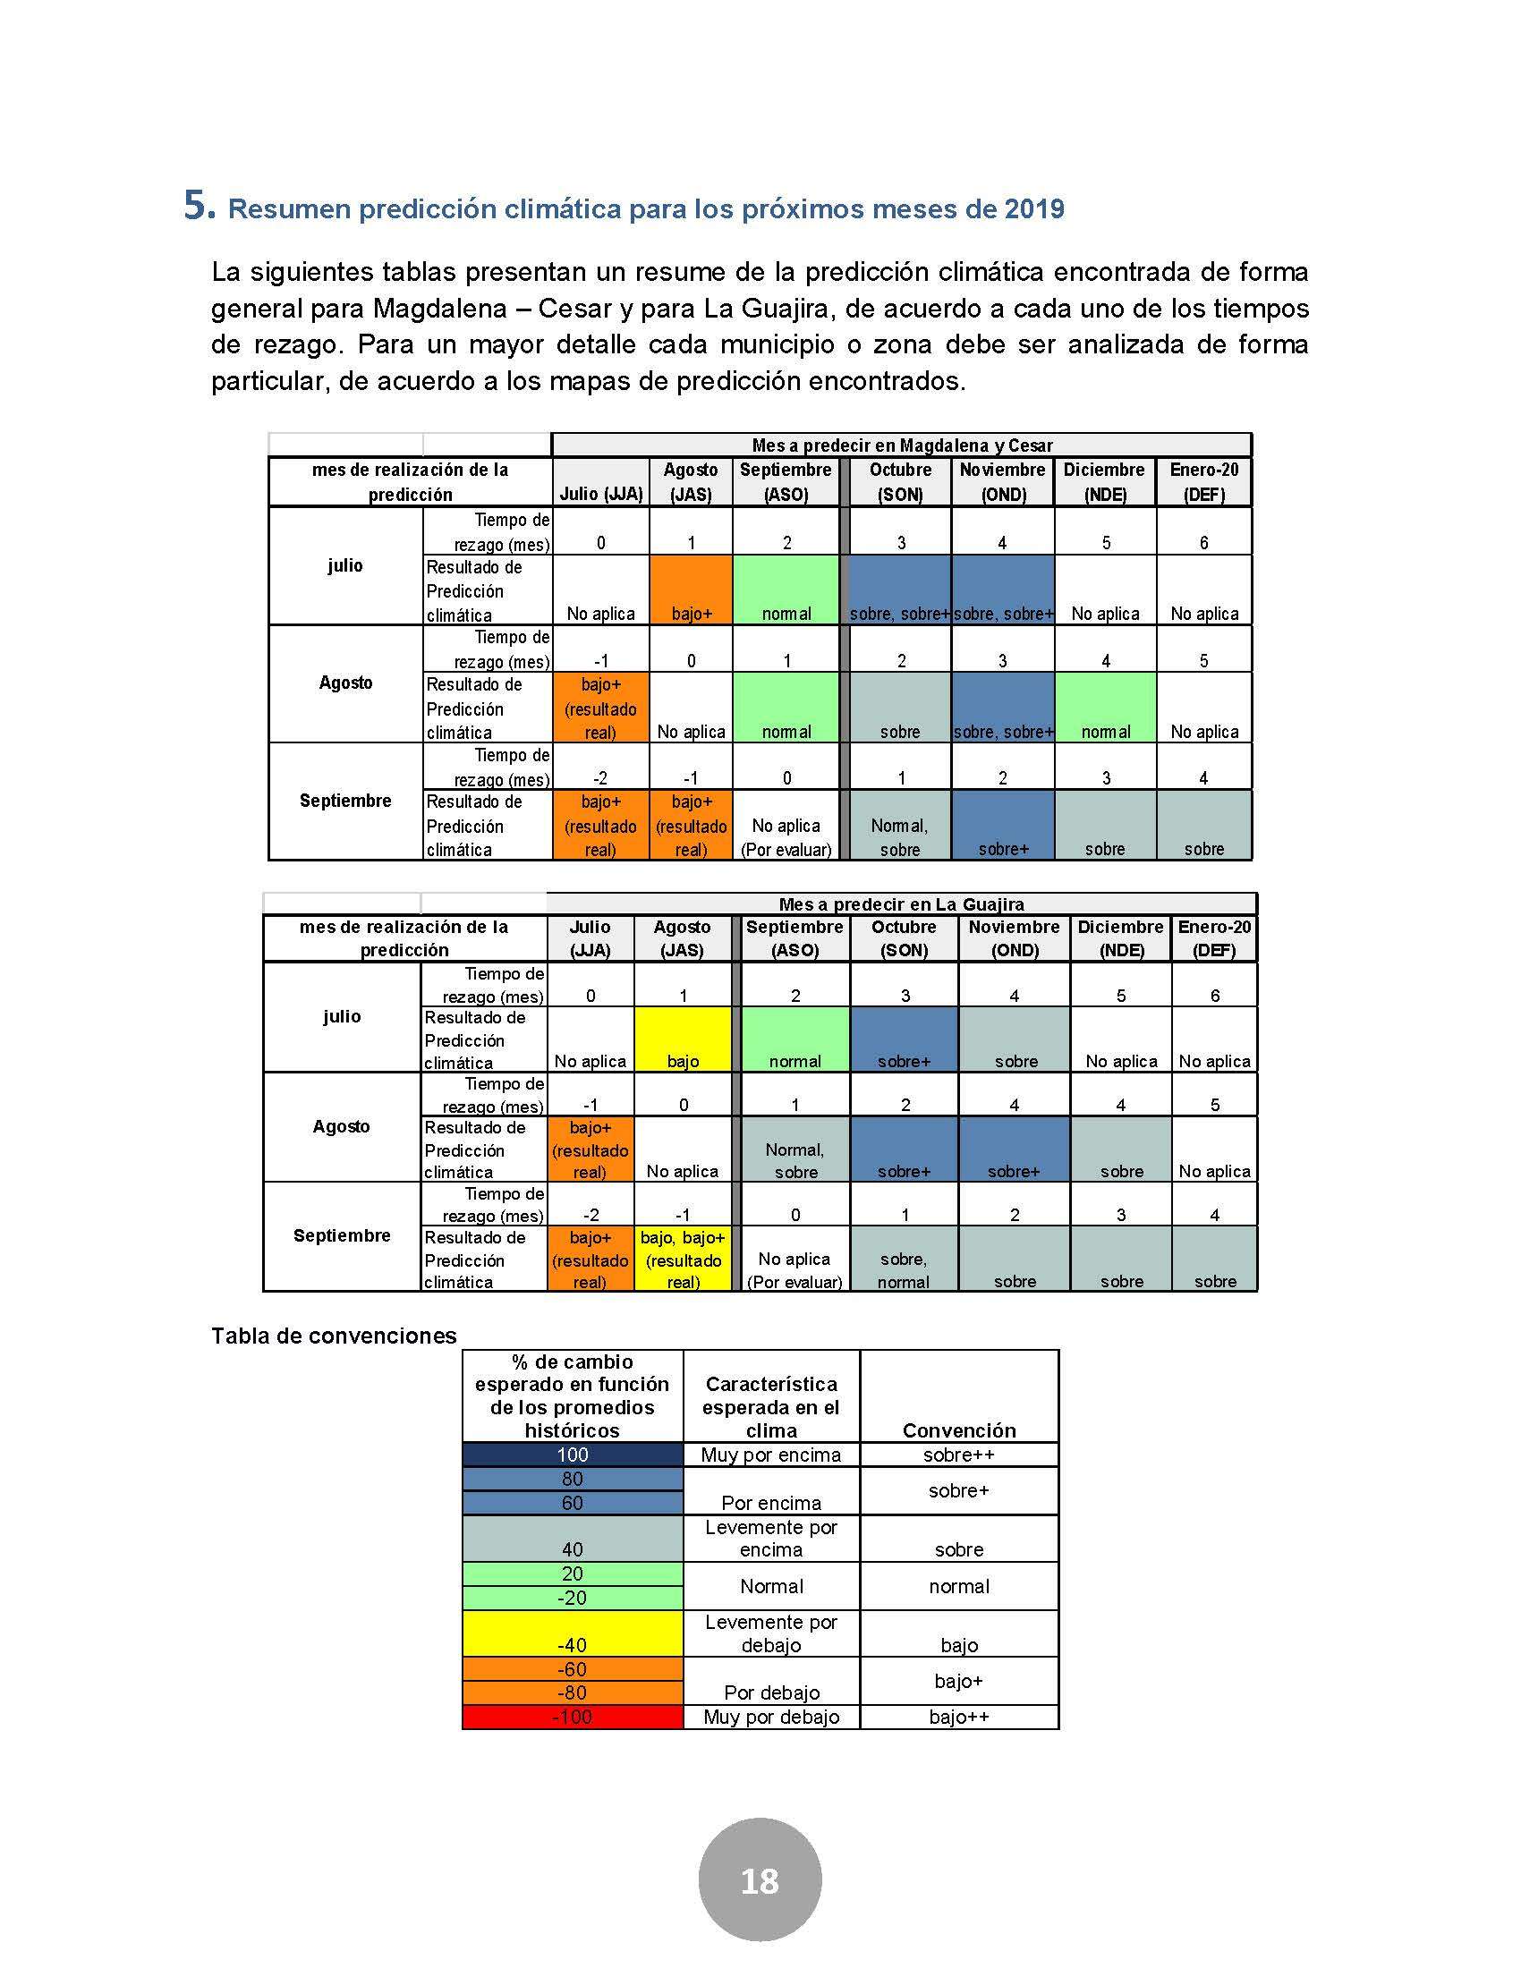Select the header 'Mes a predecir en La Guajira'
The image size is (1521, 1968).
(901, 903)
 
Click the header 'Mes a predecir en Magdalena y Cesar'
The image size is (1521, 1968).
(901, 445)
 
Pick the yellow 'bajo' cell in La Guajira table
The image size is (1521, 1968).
(682, 1039)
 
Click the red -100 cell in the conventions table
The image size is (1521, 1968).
(573, 1717)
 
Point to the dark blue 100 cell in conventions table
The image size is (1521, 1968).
(573, 1455)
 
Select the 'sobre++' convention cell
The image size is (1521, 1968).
(959, 1455)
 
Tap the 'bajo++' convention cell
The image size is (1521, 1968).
(959, 1717)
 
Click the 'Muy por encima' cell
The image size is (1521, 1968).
(771, 1455)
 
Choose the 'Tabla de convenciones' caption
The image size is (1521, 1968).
(334, 1336)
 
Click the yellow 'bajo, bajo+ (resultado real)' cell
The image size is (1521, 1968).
(682, 1259)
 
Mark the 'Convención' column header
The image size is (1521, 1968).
(959, 1430)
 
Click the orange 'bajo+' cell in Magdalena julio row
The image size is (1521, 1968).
(691, 590)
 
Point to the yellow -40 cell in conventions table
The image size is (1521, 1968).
(573, 1633)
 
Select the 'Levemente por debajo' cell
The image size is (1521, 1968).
(771, 1633)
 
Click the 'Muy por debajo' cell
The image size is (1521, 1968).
(771, 1717)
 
